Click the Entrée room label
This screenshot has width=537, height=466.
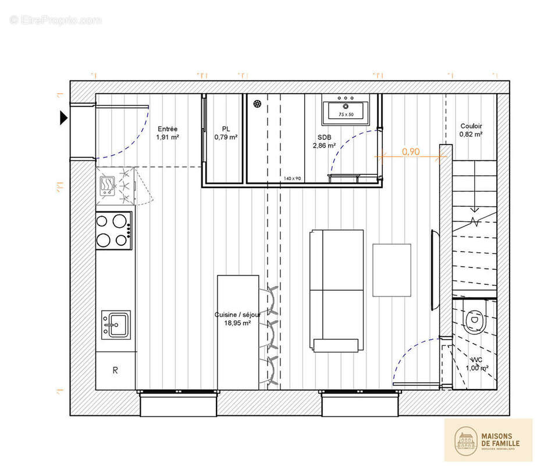168,129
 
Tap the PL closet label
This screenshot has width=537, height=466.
226,129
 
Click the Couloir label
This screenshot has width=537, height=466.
471,126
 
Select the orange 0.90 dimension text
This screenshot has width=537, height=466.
411,151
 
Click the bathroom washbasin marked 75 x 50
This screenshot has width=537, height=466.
346,110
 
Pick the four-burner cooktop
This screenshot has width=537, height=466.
113,230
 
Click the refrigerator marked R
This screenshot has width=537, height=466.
115,370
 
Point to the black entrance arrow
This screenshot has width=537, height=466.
64,118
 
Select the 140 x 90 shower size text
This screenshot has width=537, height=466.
292,178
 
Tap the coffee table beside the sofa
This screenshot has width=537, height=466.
392,270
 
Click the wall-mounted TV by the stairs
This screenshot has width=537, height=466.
435,270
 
